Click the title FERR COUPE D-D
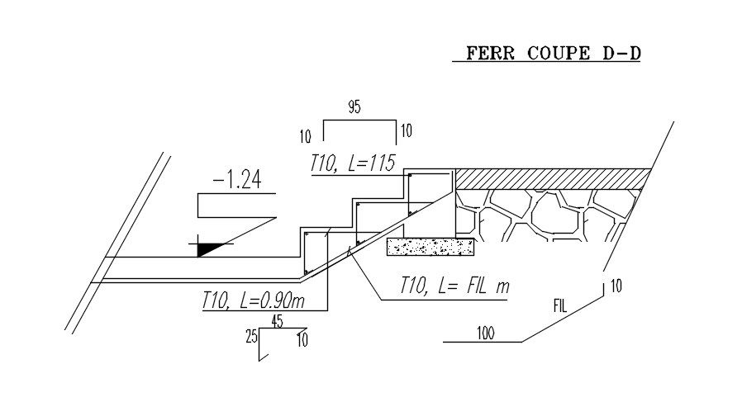(553, 53)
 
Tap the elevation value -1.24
(237, 180)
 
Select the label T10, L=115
(353, 163)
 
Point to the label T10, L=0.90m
(253, 300)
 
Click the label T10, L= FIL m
(454, 286)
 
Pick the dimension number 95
(354, 106)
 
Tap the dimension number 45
(278, 321)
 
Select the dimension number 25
(252, 337)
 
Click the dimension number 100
(486, 333)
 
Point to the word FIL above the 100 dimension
(560, 306)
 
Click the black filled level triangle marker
(207, 248)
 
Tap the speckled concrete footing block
(430, 247)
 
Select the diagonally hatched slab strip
(553, 179)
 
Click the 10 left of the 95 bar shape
(306, 137)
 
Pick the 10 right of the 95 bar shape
(407, 130)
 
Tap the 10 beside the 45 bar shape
(302, 340)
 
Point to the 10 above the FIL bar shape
(616, 286)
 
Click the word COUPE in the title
(559, 53)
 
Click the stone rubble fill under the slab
(545, 215)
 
